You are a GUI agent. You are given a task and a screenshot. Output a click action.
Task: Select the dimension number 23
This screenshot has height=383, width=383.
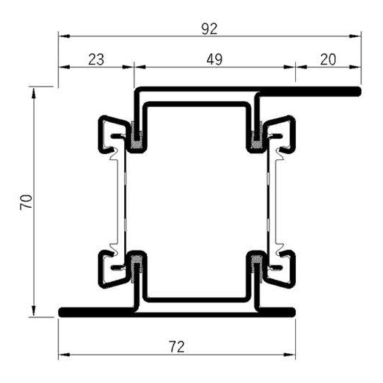(95, 59)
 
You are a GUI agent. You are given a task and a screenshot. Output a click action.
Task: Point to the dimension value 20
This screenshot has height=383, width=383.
(328, 59)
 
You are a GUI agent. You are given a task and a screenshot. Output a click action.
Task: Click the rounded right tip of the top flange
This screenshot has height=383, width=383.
(358, 92)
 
